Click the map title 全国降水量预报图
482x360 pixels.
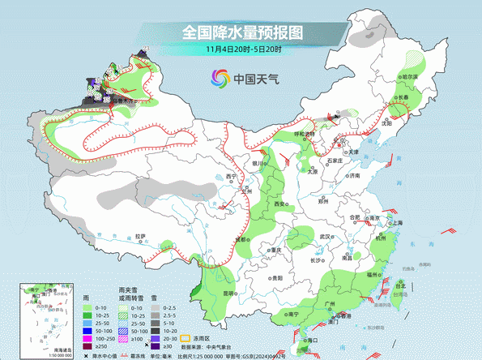[242, 32]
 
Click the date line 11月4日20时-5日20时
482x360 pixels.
[242, 50]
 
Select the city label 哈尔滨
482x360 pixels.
[407, 77]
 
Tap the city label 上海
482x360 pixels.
[397, 222]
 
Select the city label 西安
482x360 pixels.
[280, 205]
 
